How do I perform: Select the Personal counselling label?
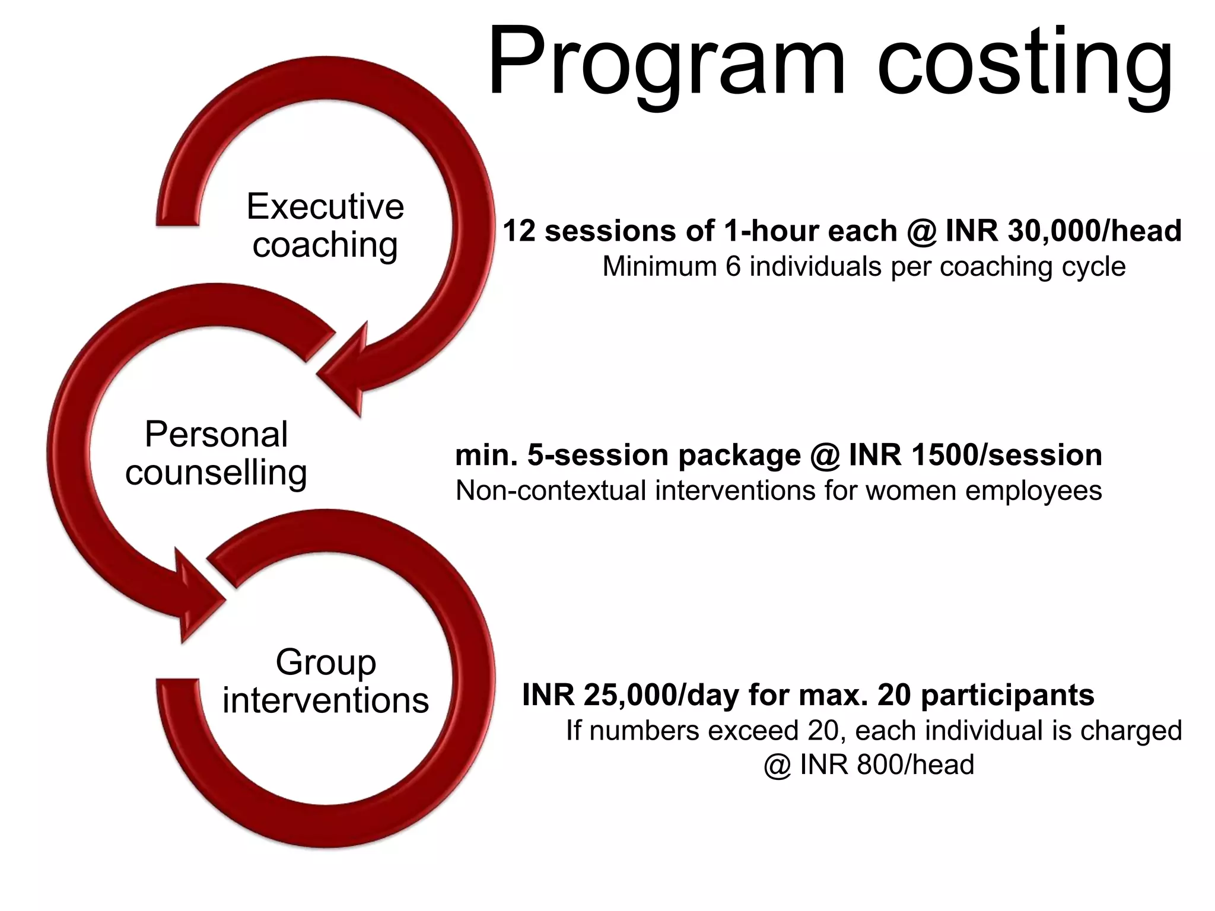pyautogui.click(x=216, y=453)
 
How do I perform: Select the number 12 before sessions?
pyautogui.click(x=519, y=231)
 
